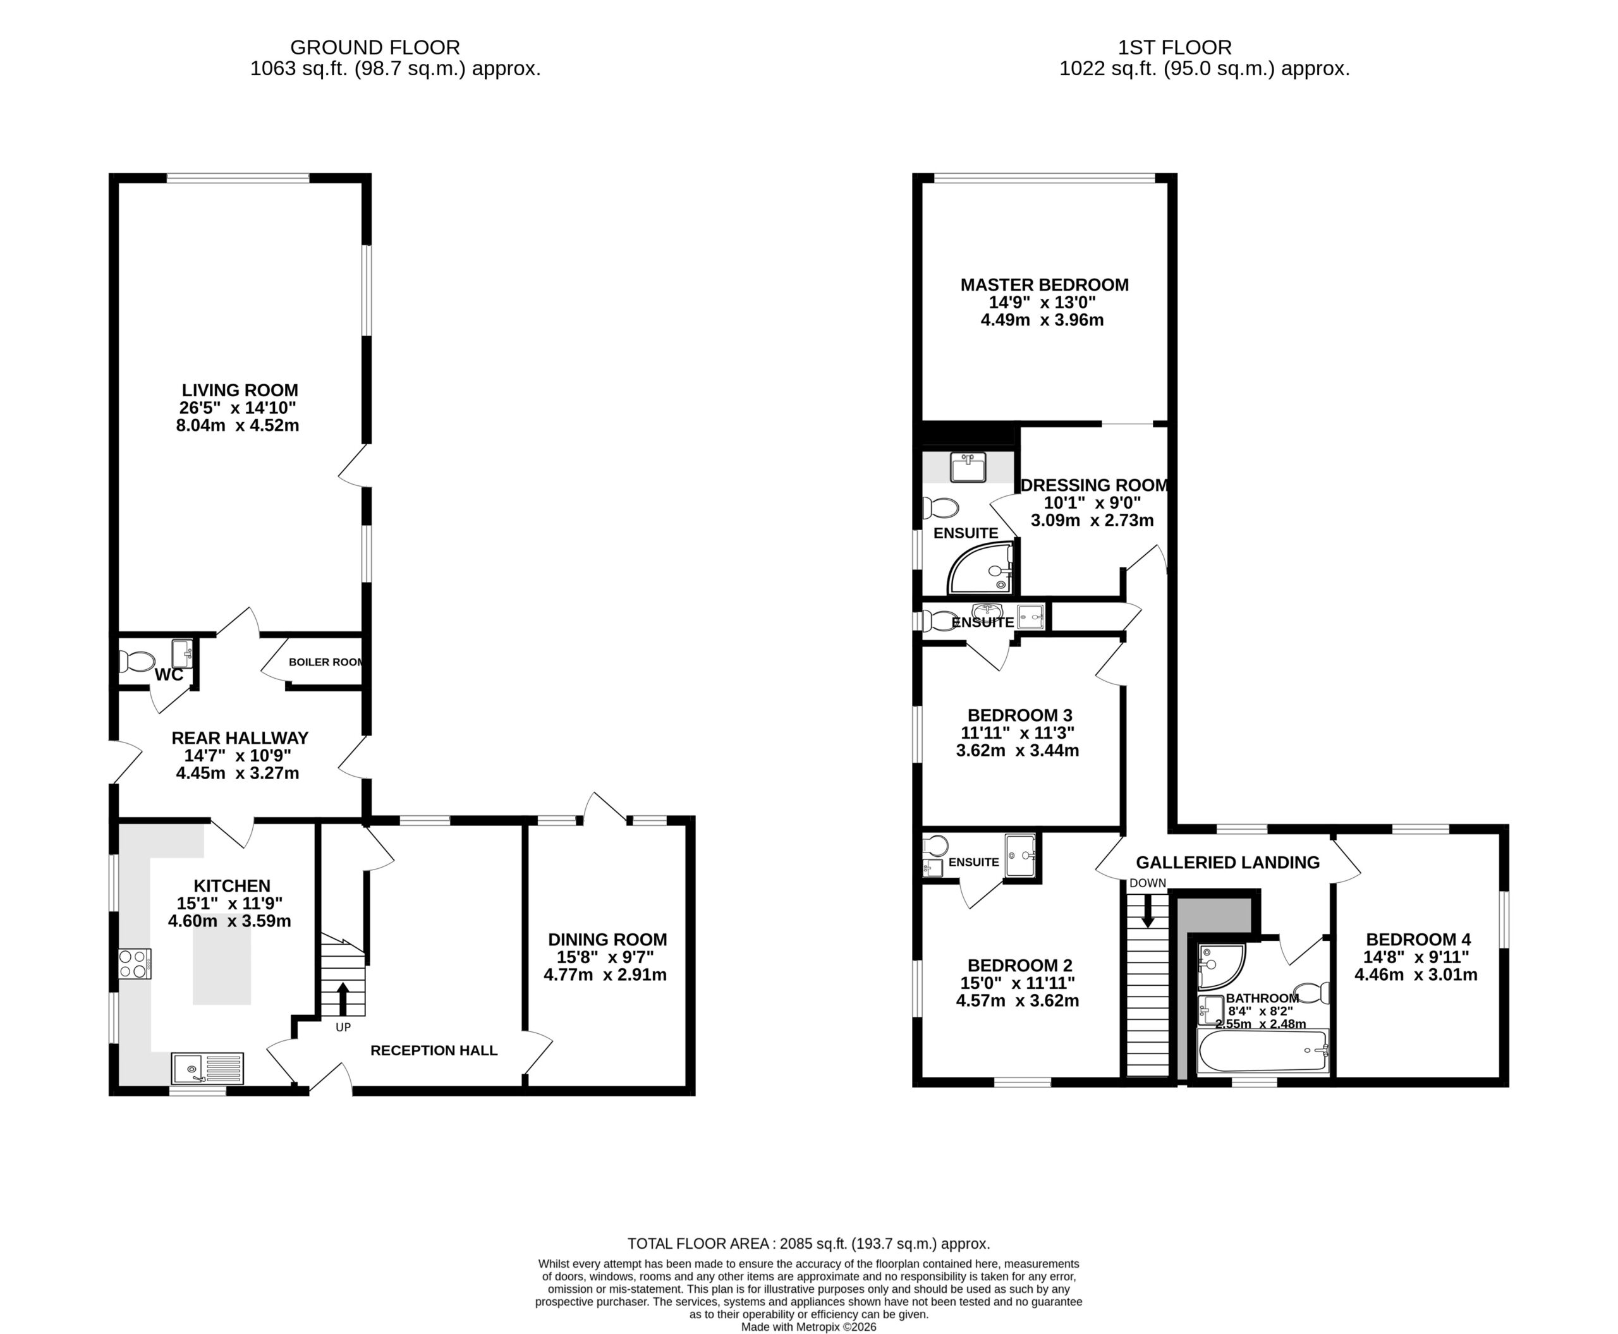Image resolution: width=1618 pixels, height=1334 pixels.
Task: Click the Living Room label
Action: click(240, 391)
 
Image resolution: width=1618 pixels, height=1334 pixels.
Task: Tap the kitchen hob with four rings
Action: click(135, 964)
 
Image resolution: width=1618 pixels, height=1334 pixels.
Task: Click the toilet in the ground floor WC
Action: click(137, 662)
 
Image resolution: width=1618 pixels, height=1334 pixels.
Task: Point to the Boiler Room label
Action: click(325, 662)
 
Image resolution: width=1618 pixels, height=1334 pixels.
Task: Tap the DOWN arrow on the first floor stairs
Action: click(1148, 911)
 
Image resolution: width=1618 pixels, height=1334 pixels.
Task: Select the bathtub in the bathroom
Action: click(1263, 1052)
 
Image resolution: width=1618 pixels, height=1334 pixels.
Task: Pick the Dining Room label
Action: click(607, 940)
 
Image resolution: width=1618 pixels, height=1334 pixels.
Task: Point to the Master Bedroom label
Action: click(1045, 285)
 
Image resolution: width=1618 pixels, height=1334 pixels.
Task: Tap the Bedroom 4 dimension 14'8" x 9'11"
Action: click(1416, 957)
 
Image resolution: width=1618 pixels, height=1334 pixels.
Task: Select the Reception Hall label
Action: click(434, 1050)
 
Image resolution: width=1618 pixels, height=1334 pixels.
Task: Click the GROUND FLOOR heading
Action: click(375, 47)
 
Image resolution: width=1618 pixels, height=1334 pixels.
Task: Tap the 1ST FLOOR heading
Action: click(1174, 47)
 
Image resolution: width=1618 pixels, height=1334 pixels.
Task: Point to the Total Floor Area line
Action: click(808, 1244)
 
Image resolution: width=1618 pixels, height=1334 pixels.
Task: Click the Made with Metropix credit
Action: click(808, 1327)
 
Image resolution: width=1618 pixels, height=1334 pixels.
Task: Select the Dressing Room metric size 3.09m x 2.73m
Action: click(1092, 520)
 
